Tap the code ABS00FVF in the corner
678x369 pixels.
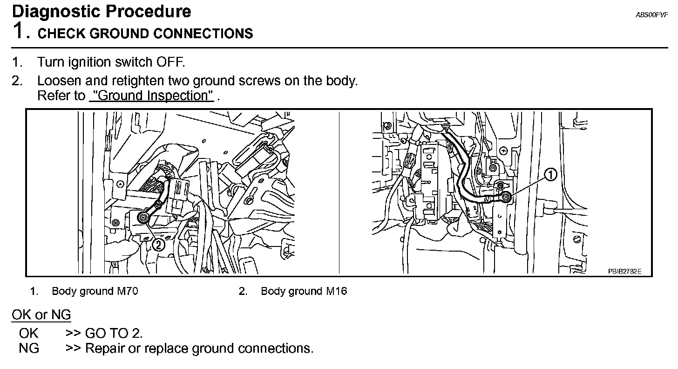click(651, 15)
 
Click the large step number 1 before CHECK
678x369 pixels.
click(19, 32)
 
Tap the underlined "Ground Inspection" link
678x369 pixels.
click(151, 96)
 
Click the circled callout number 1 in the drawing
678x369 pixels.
click(551, 175)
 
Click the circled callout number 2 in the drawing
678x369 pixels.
click(159, 244)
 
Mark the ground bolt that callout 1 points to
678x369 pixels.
click(507, 198)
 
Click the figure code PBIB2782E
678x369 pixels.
click(624, 271)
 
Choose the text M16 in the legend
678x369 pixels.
click(336, 291)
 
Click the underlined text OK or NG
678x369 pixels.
click(41, 315)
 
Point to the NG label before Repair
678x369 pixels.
click(29, 348)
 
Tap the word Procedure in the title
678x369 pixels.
click(152, 11)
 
